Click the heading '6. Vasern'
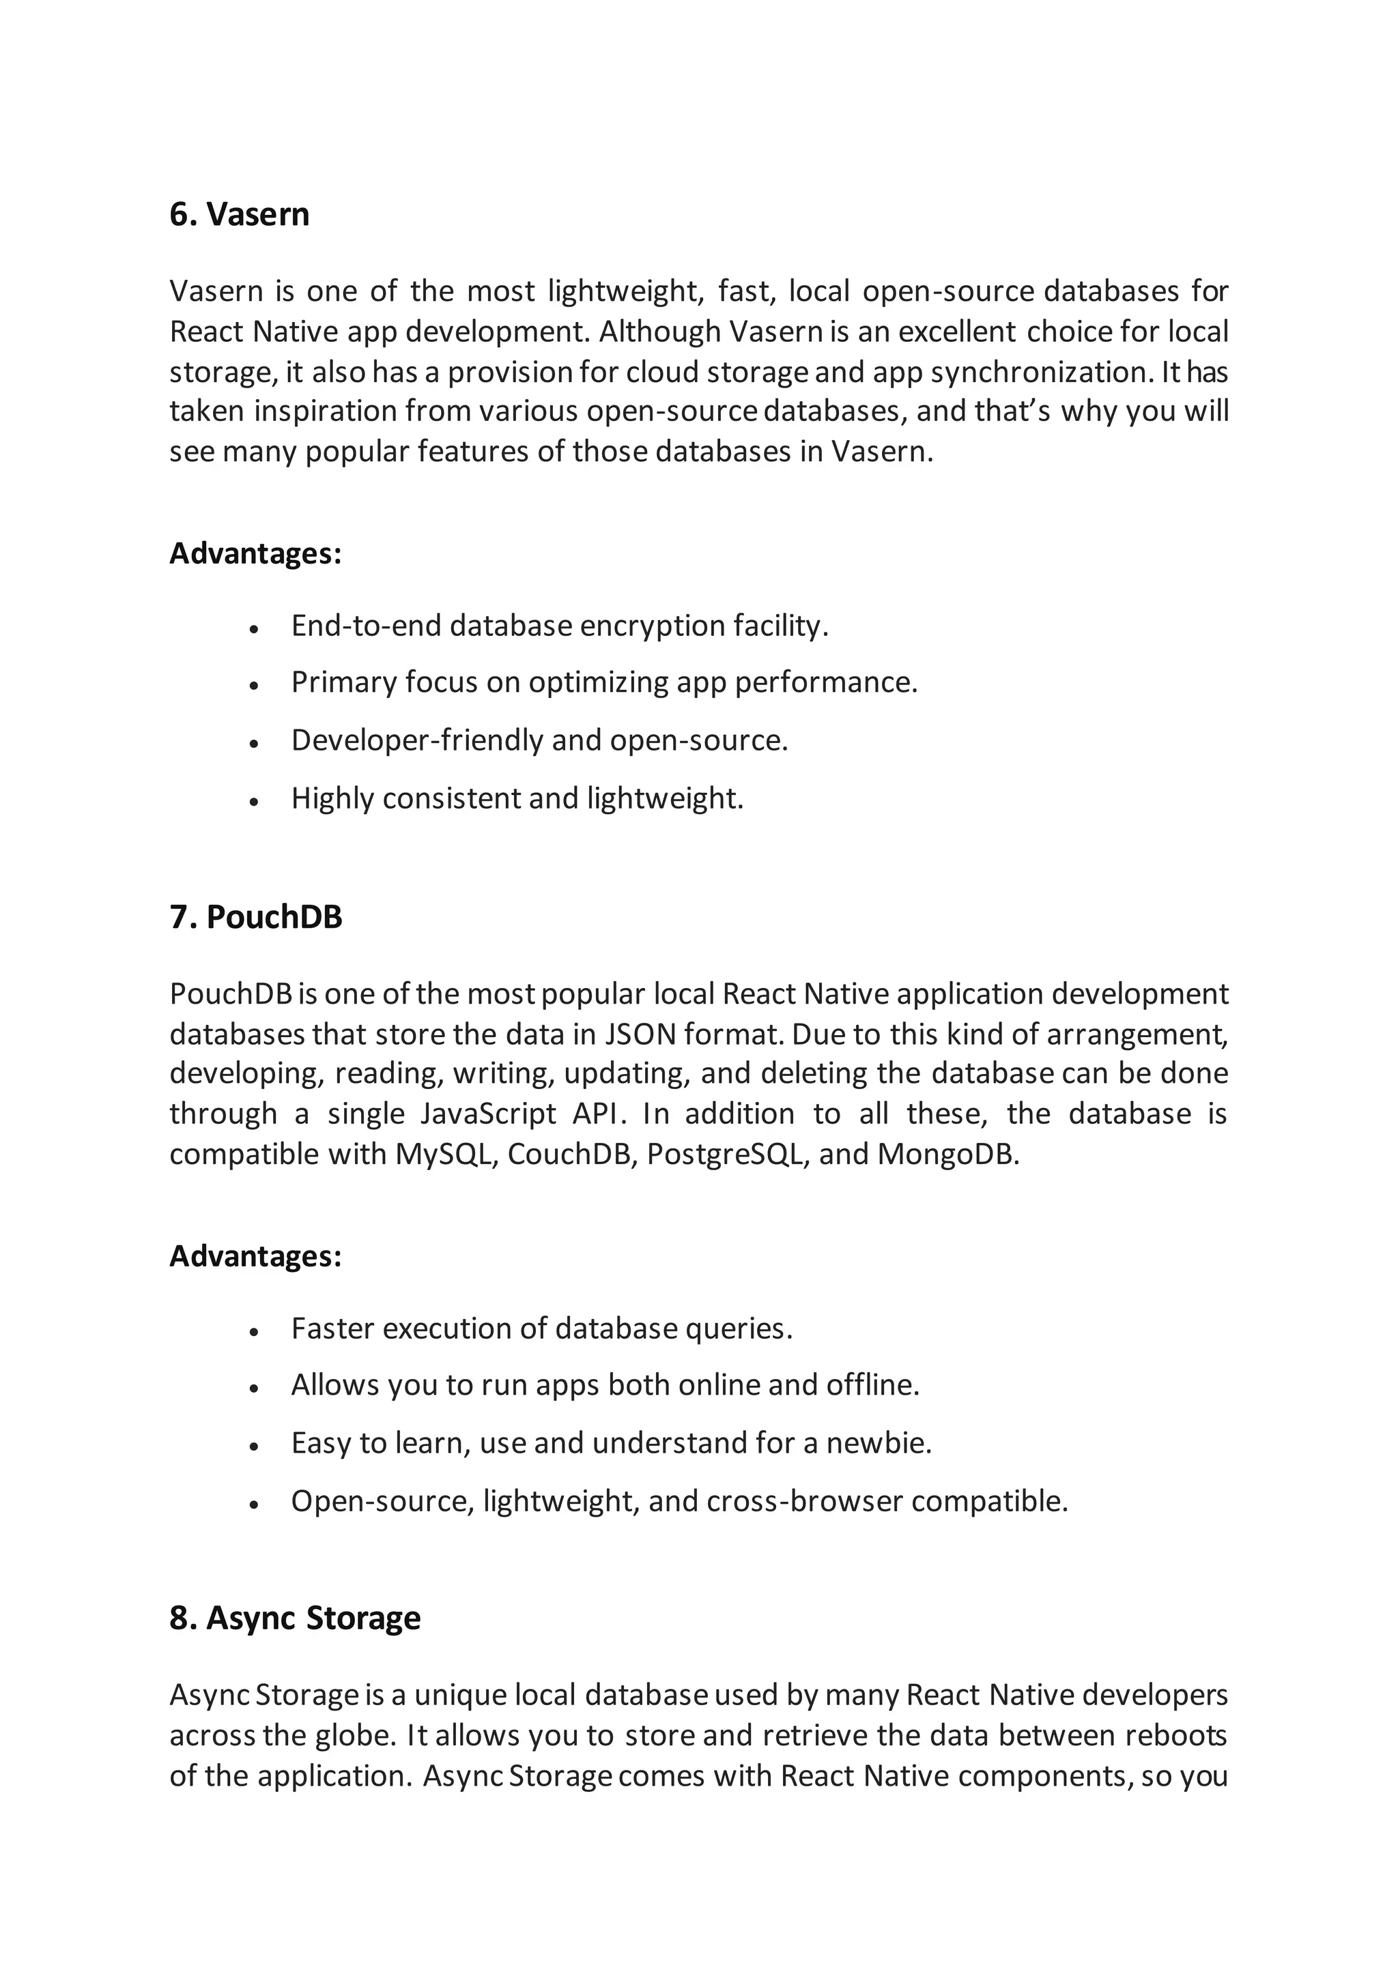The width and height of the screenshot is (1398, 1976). (240, 214)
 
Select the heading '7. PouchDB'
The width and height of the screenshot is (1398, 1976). (256, 918)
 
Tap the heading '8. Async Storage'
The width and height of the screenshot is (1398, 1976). (294, 1618)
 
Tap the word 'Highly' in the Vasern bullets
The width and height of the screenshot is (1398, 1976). (332, 799)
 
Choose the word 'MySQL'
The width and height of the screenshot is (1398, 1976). (446, 1154)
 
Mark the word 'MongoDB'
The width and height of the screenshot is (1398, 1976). (947, 1154)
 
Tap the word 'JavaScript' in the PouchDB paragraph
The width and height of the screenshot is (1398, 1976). (488, 1114)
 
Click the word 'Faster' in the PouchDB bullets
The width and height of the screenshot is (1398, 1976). (332, 1328)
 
